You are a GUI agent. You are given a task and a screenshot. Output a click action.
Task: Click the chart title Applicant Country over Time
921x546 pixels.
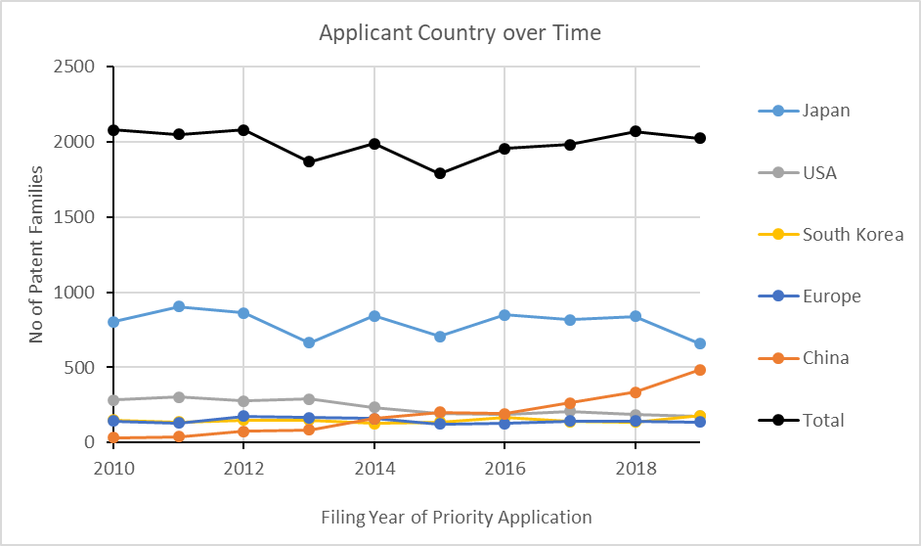click(x=460, y=32)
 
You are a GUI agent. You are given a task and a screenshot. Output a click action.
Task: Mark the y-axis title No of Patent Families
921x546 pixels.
click(x=36, y=254)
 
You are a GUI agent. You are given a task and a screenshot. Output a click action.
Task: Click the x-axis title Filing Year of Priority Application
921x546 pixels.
click(x=456, y=517)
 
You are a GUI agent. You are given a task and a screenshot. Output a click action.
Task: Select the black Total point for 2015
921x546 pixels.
click(x=440, y=173)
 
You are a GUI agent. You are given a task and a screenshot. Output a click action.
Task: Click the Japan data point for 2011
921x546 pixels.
click(x=178, y=306)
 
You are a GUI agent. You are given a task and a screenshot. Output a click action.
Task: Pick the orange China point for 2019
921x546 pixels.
click(x=700, y=370)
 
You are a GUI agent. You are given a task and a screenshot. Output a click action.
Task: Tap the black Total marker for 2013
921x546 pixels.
click(x=309, y=161)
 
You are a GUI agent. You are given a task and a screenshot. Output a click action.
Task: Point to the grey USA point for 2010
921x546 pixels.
click(x=113, y=400)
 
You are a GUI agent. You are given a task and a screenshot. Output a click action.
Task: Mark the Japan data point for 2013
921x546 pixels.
click(x=309, y=342)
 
